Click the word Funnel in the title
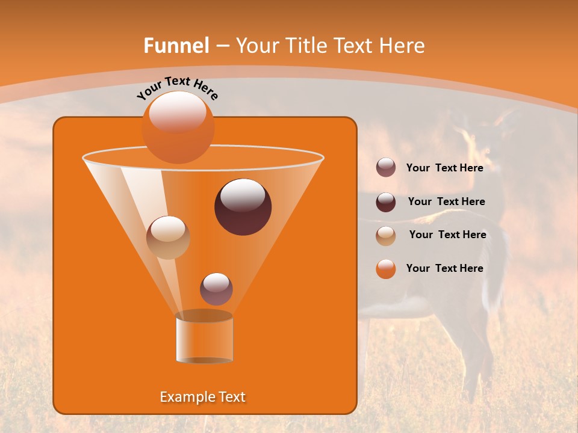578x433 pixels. pyautogui.click(x=176, y=46)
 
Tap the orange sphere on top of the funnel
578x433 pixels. pyautogui.click(x=178, y=127)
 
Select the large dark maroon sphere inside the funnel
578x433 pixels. pyautogui.click(x=243, y=207)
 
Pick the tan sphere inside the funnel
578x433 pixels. pyautogui.click(x=168, y=238)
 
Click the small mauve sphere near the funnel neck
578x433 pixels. pyautogui.click(x=216, y=289)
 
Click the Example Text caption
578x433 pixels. pyautogui.click(x=202, y=397)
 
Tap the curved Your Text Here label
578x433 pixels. pyautogui.click(x=177, y=88)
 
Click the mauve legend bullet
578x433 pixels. pyautogui.click(x=386, y=168)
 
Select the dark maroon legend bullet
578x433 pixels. pyautogui.click(x=386, y=201)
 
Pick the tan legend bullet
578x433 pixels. pyautogui.click(x=386, y=235)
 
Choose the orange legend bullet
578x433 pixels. pyautogui.click(x=386, y=269)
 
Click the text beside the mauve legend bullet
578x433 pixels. pyautogui.click(x=444, y=168)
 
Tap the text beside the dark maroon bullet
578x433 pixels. pyautogui.click(x=446, y=201)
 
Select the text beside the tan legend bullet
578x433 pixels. pyautogui.click(x=447, y=235)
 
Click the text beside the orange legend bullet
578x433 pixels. pyautogui.click(x=444, y=268)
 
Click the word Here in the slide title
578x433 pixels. pyautogui.click(x=403, y=46)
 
